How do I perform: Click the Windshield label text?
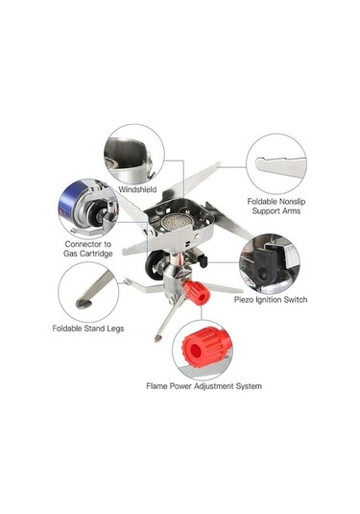[137, 190]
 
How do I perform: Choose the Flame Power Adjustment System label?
[204, 386]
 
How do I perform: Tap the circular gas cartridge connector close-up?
[88, 206]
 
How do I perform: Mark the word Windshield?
[137, 190]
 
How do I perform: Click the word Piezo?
[246, 300]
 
